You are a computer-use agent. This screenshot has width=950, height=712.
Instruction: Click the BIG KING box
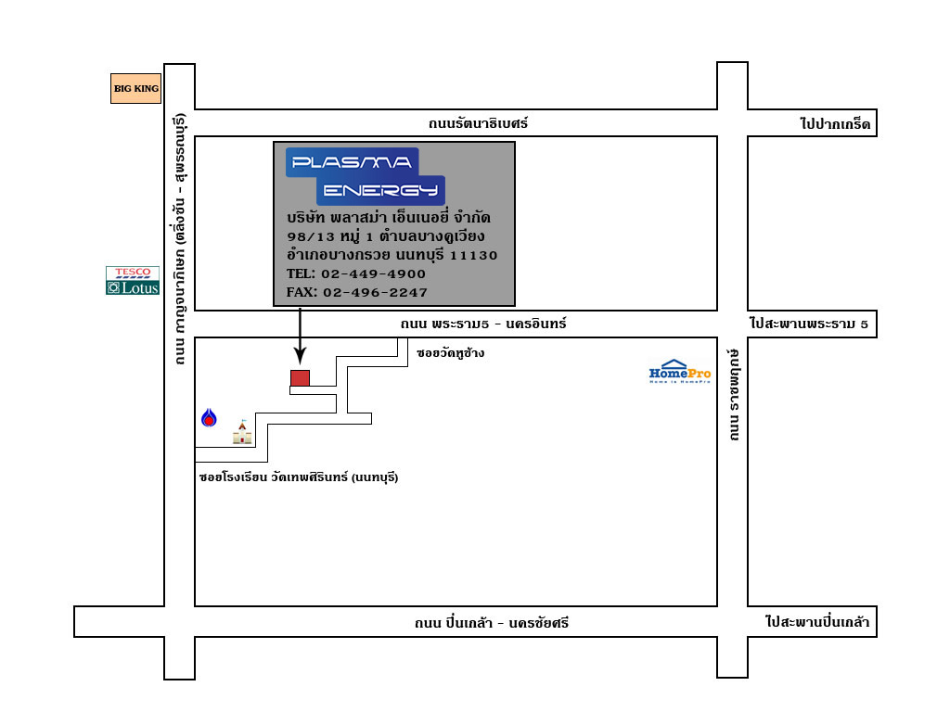pyautogui.click(x=135, y=88)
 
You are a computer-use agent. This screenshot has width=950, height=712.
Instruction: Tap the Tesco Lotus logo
pyautogui.click(x=133, y=280)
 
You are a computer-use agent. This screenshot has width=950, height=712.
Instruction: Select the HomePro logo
pyautogui.click(x=680, y=372)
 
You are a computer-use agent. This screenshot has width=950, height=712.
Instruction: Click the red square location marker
pyautogui.click(x=300, y=378)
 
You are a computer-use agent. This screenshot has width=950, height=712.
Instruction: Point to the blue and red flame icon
pyautogui.click(x=209, y=418)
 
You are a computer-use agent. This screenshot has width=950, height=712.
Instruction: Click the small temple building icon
pyautogui.click(x=242, y=432)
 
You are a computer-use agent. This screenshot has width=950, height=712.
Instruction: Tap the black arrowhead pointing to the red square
pyautogui.click(x=300, y=355)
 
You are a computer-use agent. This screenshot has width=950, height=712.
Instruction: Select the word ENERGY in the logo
pyautogui.click(x=380, y=190)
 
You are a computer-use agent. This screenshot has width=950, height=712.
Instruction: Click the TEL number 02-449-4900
pyautogui.click(x=373, y=274)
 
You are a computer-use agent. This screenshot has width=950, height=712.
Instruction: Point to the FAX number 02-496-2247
pyautogui.click(x=375, y=293)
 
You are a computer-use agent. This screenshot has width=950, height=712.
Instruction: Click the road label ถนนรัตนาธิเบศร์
pyautogui.click(x=478, y=123)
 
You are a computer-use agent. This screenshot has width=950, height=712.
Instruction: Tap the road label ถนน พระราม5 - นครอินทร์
pyautogui.click(x=482, y=324)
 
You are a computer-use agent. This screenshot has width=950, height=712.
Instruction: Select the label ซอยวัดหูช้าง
pyautogui.click(x=450, y=353)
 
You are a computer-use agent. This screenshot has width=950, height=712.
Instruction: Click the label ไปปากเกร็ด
pyautogui.click(x=835, y=124)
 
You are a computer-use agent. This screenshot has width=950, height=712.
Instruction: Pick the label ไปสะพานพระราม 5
pyautogui.click(x=809, y=324)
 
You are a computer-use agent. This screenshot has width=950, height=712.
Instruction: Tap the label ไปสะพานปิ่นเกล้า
pyautogui.click(x=817, y=622)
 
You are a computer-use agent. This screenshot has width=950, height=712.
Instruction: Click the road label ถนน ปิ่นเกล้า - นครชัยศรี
pyautogui.click(x=492, y=623)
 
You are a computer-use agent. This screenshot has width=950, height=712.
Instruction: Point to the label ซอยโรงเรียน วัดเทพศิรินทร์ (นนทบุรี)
pyautogui.click(x=299, y=477)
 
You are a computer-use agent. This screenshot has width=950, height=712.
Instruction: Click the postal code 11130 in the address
pyautogui.click(x=473, y=256)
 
